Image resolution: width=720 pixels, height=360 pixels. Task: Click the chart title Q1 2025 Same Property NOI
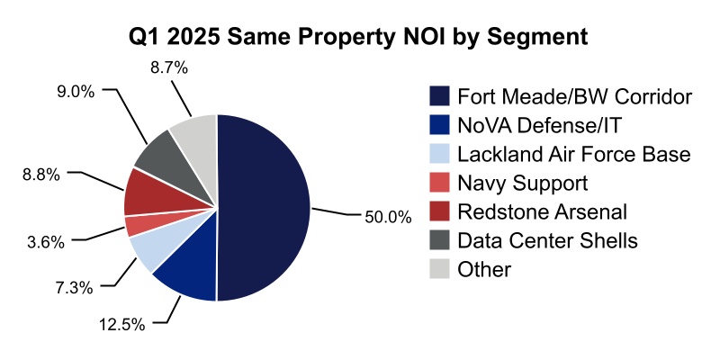pos(360,37)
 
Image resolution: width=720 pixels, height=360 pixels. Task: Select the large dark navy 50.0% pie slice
pos(265,207)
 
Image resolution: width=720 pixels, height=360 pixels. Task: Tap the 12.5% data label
pos(121,325)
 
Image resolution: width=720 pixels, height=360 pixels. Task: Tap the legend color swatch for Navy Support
pos(440,184)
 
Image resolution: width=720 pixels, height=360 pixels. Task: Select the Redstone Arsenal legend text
pos(542,211)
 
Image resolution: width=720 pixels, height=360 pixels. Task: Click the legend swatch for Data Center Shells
pos(440,240)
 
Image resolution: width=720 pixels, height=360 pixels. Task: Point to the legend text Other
pos(484,269)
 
